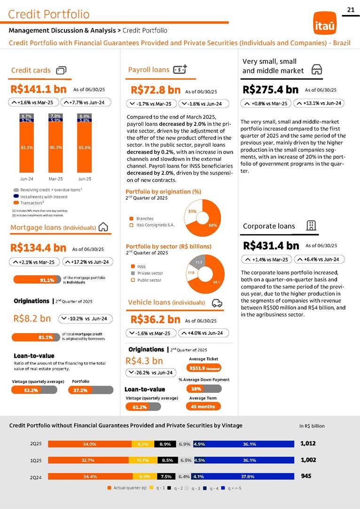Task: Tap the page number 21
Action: click(350, 9)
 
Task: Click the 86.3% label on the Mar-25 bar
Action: click(55, 148)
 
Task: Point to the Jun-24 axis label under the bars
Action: click(26, 179)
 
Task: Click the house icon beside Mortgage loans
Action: click(104, 227)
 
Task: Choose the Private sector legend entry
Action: click(150, 273)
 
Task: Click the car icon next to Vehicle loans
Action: click(217, 303)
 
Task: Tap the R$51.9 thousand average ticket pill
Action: click(203, 368)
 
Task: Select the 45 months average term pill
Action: click(203, 407)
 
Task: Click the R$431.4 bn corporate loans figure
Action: click(271, 245)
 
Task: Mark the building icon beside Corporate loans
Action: click(311, 226)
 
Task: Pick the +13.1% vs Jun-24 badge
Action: click(319, 103)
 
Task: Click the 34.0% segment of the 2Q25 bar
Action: click(90, 444)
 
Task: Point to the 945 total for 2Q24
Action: click(306, 476)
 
